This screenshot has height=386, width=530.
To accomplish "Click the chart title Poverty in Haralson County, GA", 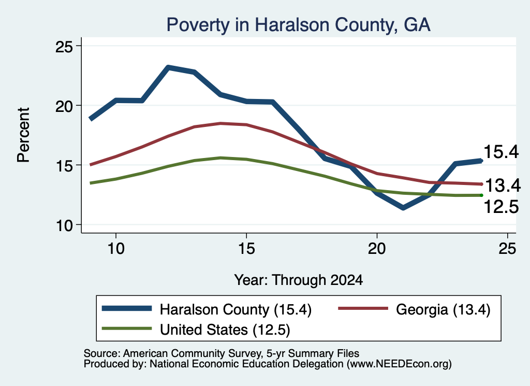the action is pyautogui.click(x=299, y=25).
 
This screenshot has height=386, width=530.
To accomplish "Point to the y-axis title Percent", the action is pyautogui.click(x=23, y=135).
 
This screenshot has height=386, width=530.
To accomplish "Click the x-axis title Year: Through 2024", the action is pyautogui.click(x=299, y=280).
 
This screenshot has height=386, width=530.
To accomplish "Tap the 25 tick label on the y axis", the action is pyautogui.click(x=64, y=46).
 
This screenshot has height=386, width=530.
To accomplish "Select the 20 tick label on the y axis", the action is pyautogui.click(x=64, y=106).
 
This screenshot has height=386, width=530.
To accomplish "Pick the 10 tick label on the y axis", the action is pyautogui.click(x=64, y=225).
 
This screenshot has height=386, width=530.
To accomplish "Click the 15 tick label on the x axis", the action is pyautogui.click(x=246, y=249).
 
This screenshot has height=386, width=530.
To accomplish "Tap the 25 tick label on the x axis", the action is pyautogui.click(x=507, y=249).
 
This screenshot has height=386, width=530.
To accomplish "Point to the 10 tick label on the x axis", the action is pyautogui.click(x=116, y=249).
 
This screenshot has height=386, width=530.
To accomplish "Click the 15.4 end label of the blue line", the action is pyautogui.click(x=501, y=152).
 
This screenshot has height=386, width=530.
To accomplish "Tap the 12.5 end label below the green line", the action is pyautogui.click(x=501, y=207).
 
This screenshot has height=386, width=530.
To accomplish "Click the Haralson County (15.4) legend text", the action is pyautogui.click(x=235, y=309).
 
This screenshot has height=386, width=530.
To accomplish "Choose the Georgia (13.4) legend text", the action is pyautogui.click(x=443, y=309).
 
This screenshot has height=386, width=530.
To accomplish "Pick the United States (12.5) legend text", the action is pyautogui.click(x=225, y=330).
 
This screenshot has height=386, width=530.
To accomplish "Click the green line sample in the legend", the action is pyautogui.click(x=126, y=328).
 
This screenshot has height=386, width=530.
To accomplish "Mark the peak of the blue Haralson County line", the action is pyautogui.click(x=168, y=67).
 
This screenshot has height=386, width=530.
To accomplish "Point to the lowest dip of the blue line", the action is pyautogui.click(x=403, y=207).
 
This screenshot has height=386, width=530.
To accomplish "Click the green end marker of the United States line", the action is pyautogui.click(x=481, y=195).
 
